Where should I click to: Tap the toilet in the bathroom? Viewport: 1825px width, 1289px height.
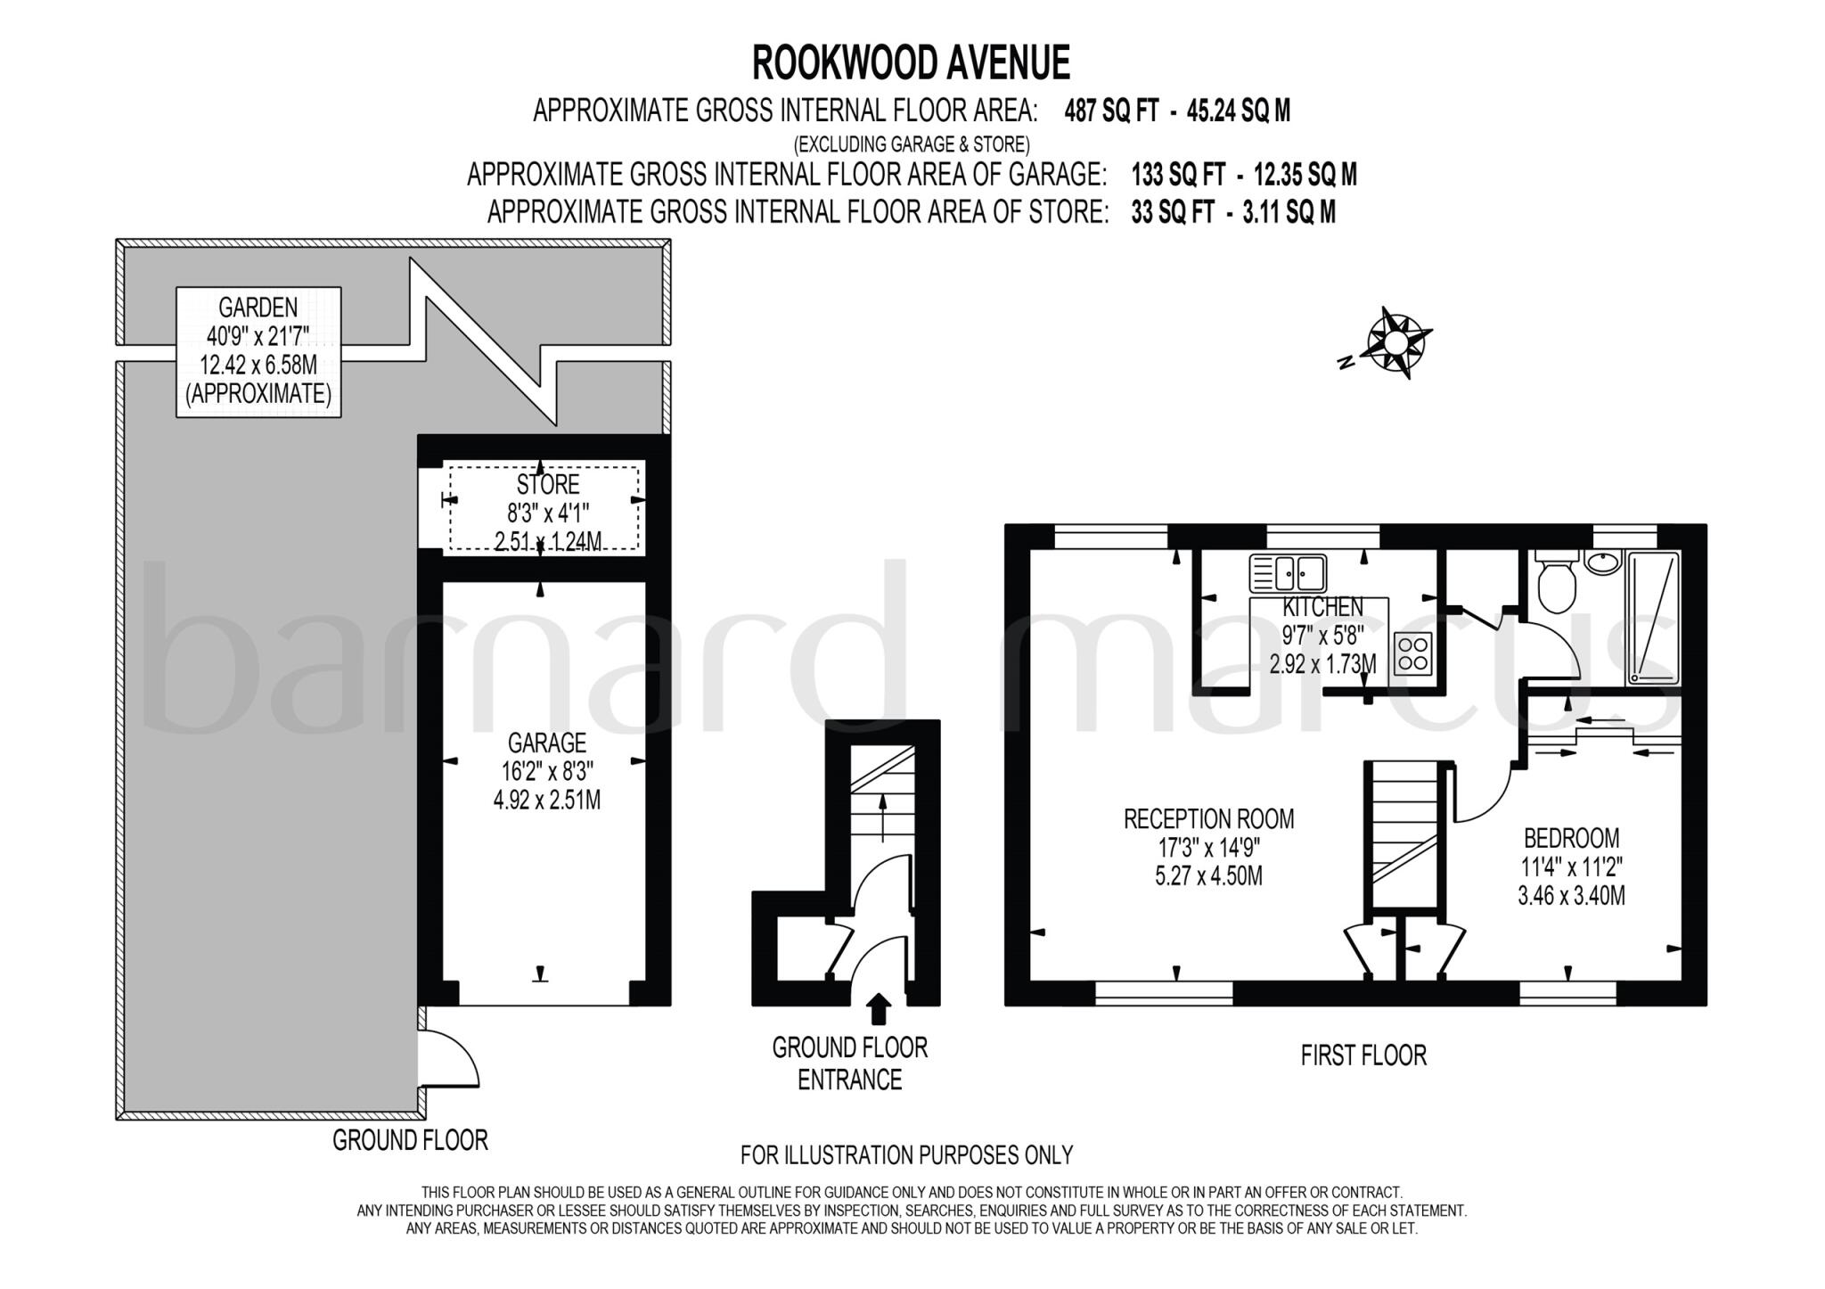coord(1556,583)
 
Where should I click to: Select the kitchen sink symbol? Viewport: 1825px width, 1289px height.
coord(1289,573)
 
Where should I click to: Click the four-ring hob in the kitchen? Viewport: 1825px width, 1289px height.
coord(1412,652)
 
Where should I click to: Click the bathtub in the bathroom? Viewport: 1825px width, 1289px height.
coord(1654,619)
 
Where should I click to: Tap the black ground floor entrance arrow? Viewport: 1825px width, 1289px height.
coord(879,1008)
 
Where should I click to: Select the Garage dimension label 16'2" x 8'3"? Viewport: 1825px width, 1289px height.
coord(547,771)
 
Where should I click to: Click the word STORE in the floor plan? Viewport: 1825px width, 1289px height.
coord(548,485)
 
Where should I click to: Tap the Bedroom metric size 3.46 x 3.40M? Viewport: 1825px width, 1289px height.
coord(1571,895)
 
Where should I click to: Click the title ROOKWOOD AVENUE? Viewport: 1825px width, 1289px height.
coord(911,63)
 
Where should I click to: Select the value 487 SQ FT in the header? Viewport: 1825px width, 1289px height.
coord(1111,111)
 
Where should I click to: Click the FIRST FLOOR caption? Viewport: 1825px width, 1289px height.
coord(1363,1055)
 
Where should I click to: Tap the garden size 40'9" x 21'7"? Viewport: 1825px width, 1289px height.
coord(258,336)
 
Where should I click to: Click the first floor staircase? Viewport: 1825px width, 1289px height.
coord(1404,833)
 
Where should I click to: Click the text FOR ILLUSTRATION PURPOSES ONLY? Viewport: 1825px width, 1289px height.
coord(906,1155)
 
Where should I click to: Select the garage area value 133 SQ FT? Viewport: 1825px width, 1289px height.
coord(1177,175)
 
